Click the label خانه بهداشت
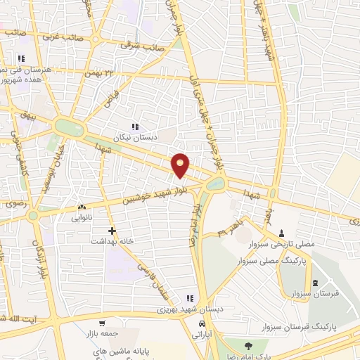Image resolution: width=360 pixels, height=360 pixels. point(112,240)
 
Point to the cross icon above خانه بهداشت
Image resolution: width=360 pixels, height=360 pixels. point(112,230)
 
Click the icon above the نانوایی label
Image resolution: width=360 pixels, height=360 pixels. point(82,207)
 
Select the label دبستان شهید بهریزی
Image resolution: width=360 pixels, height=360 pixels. point(188,309)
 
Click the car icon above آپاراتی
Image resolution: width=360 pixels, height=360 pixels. point(202,323)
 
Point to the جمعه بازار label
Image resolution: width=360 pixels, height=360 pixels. point(102,335)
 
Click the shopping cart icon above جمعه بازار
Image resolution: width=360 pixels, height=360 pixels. point(103,324)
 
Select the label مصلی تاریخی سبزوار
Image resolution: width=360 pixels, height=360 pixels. point(281,243)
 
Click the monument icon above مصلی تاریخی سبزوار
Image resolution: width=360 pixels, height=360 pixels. point(282,233)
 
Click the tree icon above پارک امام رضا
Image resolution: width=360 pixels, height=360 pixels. point(248,345)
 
